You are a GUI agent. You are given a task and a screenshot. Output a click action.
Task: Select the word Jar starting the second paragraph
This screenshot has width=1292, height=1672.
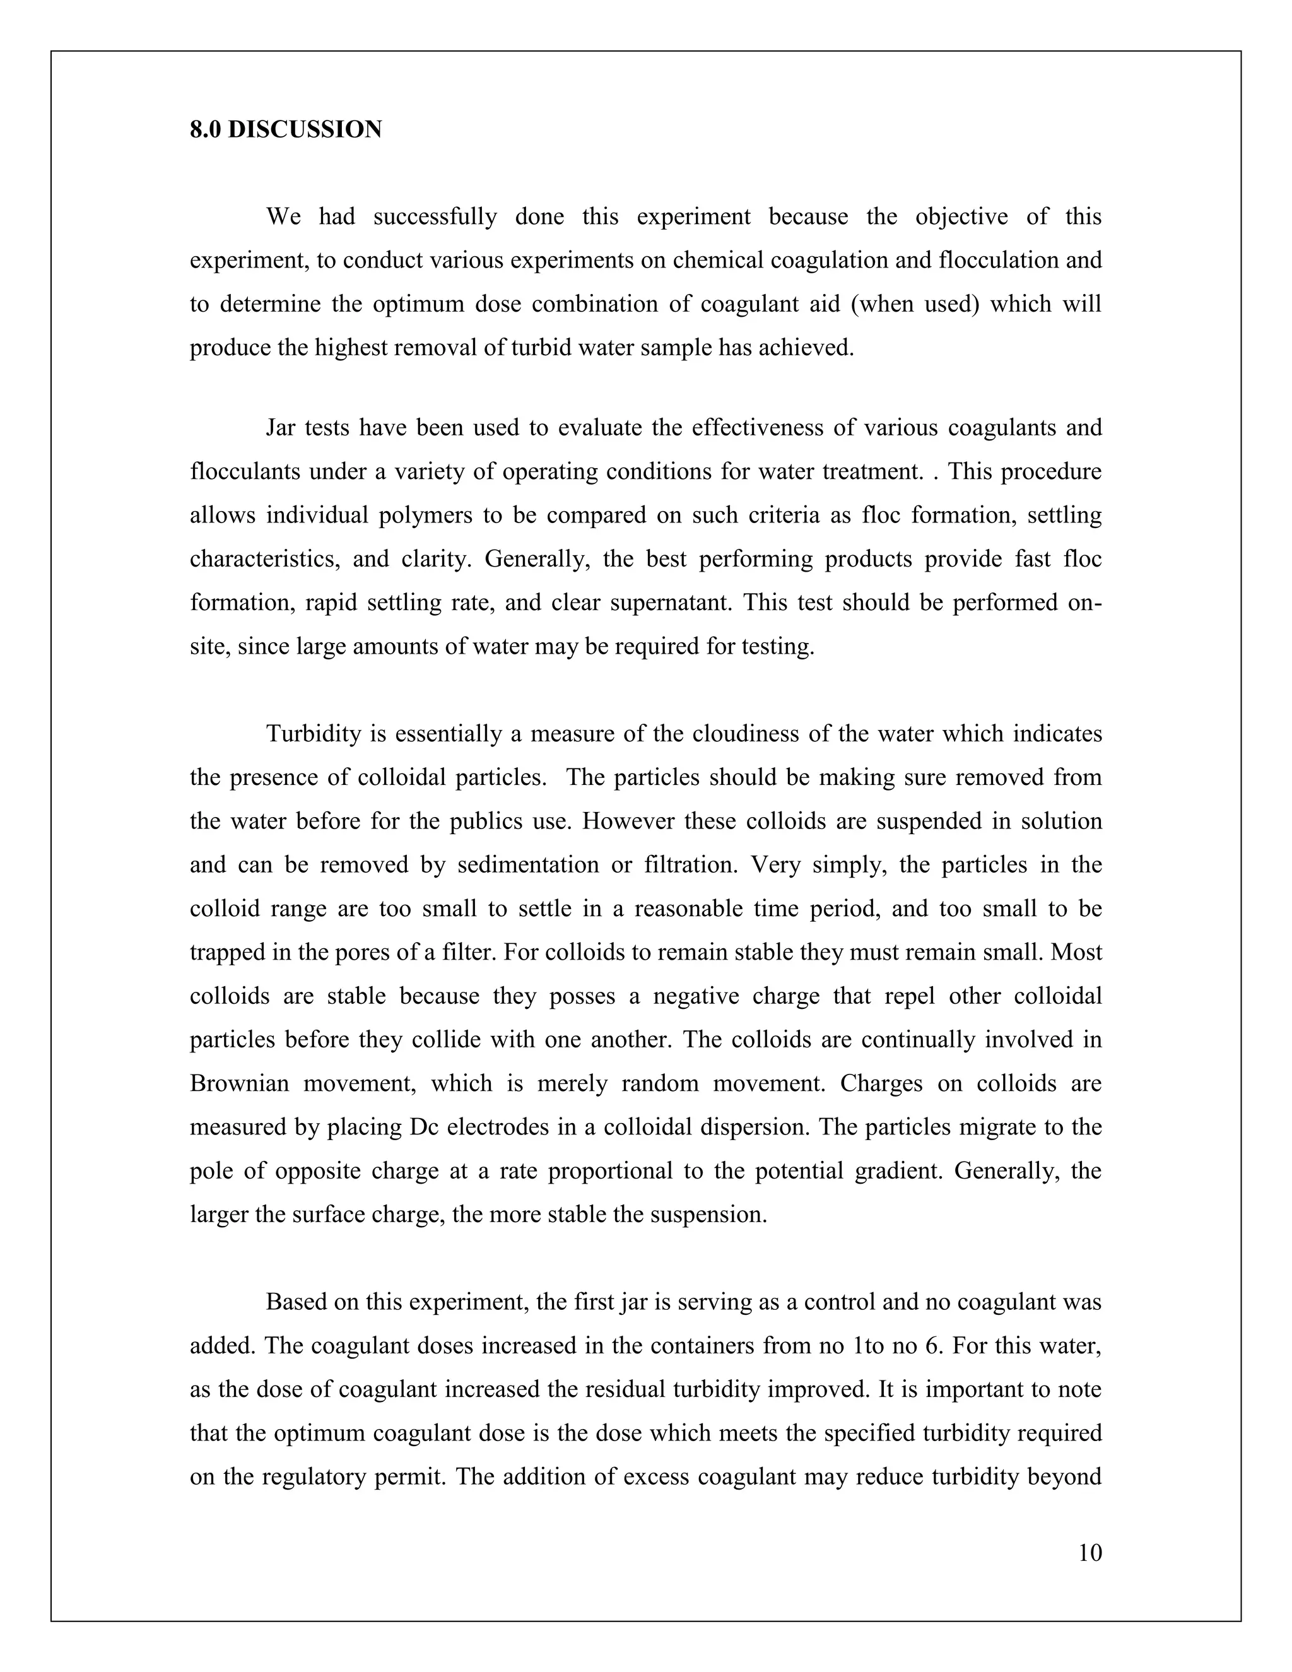click(280, 427)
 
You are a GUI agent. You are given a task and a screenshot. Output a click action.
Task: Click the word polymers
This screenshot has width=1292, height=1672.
click(426, 514)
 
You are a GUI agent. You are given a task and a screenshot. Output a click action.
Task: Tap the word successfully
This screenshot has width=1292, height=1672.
click(435, 216)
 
